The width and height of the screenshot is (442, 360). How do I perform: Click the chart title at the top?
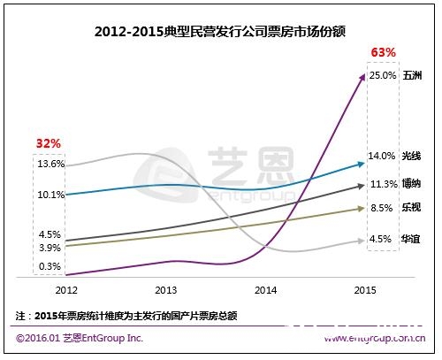coord(220,32)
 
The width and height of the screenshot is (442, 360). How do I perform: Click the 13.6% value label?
coord(50,164)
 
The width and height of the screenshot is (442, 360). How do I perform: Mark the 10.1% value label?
coord(50,195)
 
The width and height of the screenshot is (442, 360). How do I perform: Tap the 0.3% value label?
coord(50,266)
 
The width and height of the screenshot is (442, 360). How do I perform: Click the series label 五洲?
coord(413,76)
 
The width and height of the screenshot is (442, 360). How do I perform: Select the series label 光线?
coord(413,156)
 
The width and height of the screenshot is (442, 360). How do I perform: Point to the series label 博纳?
coord(413,184)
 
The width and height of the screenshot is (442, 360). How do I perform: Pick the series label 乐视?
coord(413,209)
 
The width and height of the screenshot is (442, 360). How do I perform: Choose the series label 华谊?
coord(413,238)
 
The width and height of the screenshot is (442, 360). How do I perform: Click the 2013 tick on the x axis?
coord(164,289)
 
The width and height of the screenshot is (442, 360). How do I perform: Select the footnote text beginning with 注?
coord(127,315)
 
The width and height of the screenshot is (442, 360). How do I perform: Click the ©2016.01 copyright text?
coord(79,339)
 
